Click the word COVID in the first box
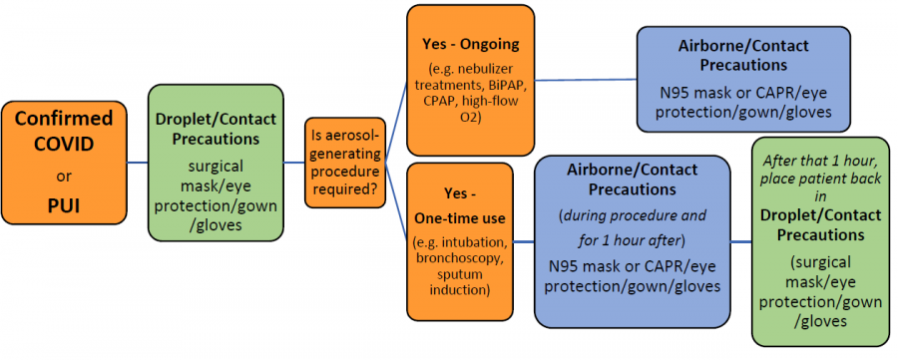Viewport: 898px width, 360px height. tap(65, 144)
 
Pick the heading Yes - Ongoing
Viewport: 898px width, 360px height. tap(468, 44)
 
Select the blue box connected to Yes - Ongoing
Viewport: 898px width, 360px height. tap(743, 79)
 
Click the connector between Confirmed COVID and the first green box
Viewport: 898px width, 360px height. tap(137, 163)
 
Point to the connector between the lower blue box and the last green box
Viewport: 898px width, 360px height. tap(741, 241)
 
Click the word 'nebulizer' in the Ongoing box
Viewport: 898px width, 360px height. tap(495, 70)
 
